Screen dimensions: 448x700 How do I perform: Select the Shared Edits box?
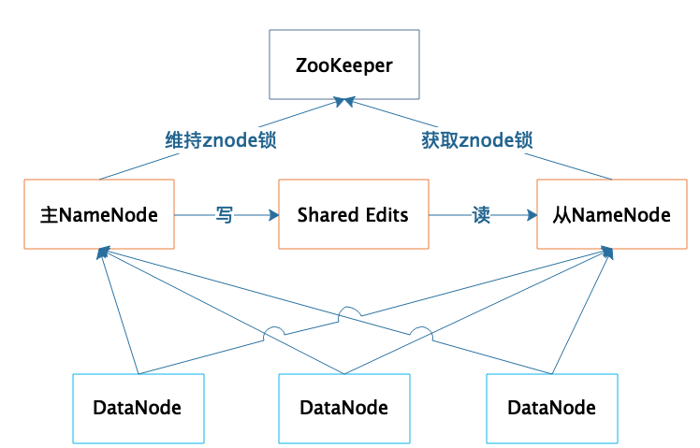pyautogui.click(x=354, y=215)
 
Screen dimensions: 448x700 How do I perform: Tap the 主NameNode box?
pyautogui.click(x=99, y=215)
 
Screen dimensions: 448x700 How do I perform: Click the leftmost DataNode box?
pyautogui.click(x=138, y=408)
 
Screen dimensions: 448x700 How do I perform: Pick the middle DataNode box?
pyautogui.click(x=344, y=408)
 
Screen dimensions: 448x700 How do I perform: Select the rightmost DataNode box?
pyautogui.click(x=551, y=408)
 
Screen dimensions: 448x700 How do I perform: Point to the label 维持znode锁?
pyautogui.click(x=222, y=140)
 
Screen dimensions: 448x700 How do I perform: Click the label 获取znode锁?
pyautogui.click(x=475, y=140)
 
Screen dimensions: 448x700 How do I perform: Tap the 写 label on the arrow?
pyautogui.click(x=225, y=215)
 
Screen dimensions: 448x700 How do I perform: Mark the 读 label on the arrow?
pyautogui.click(x=481, y=215)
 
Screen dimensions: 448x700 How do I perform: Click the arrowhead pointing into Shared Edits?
pyautogui.click(x=273, y=215)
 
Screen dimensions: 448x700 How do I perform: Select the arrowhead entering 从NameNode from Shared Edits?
pyautogui.click(x=532, y=215)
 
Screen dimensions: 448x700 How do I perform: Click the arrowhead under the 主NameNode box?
pyautogui.click(x=101, y=253)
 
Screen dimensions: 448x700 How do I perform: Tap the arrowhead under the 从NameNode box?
pyautogui.click(x=608, y=253)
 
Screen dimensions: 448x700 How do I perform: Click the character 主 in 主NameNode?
pyautogui.click(x=50, y=215)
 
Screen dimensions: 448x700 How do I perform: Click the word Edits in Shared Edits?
pyautogui.click(x=386, y=215)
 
